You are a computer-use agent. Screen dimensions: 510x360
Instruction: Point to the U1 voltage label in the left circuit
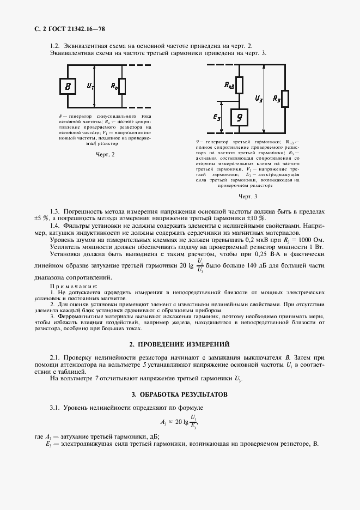(x=90, y=86)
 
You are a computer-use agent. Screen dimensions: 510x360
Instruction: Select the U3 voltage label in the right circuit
(x=259, y=99)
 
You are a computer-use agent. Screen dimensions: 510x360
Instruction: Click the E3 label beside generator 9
(x=217, y=117)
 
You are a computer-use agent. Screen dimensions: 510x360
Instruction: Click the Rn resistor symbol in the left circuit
(x=122, y=86)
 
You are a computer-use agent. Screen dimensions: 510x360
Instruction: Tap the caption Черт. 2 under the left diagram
(x=105, y=155)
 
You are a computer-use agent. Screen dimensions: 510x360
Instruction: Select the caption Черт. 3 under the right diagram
(x=248, y=196)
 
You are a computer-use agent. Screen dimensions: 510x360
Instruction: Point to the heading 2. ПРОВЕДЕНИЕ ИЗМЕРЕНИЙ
(x=179, y=344)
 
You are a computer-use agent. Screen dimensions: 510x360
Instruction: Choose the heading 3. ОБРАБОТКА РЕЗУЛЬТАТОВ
(x=179, y=394)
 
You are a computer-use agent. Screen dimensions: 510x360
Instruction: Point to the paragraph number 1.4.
(x=54, y=226)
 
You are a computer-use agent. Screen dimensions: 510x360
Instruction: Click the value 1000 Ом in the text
(x=312, y=240)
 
